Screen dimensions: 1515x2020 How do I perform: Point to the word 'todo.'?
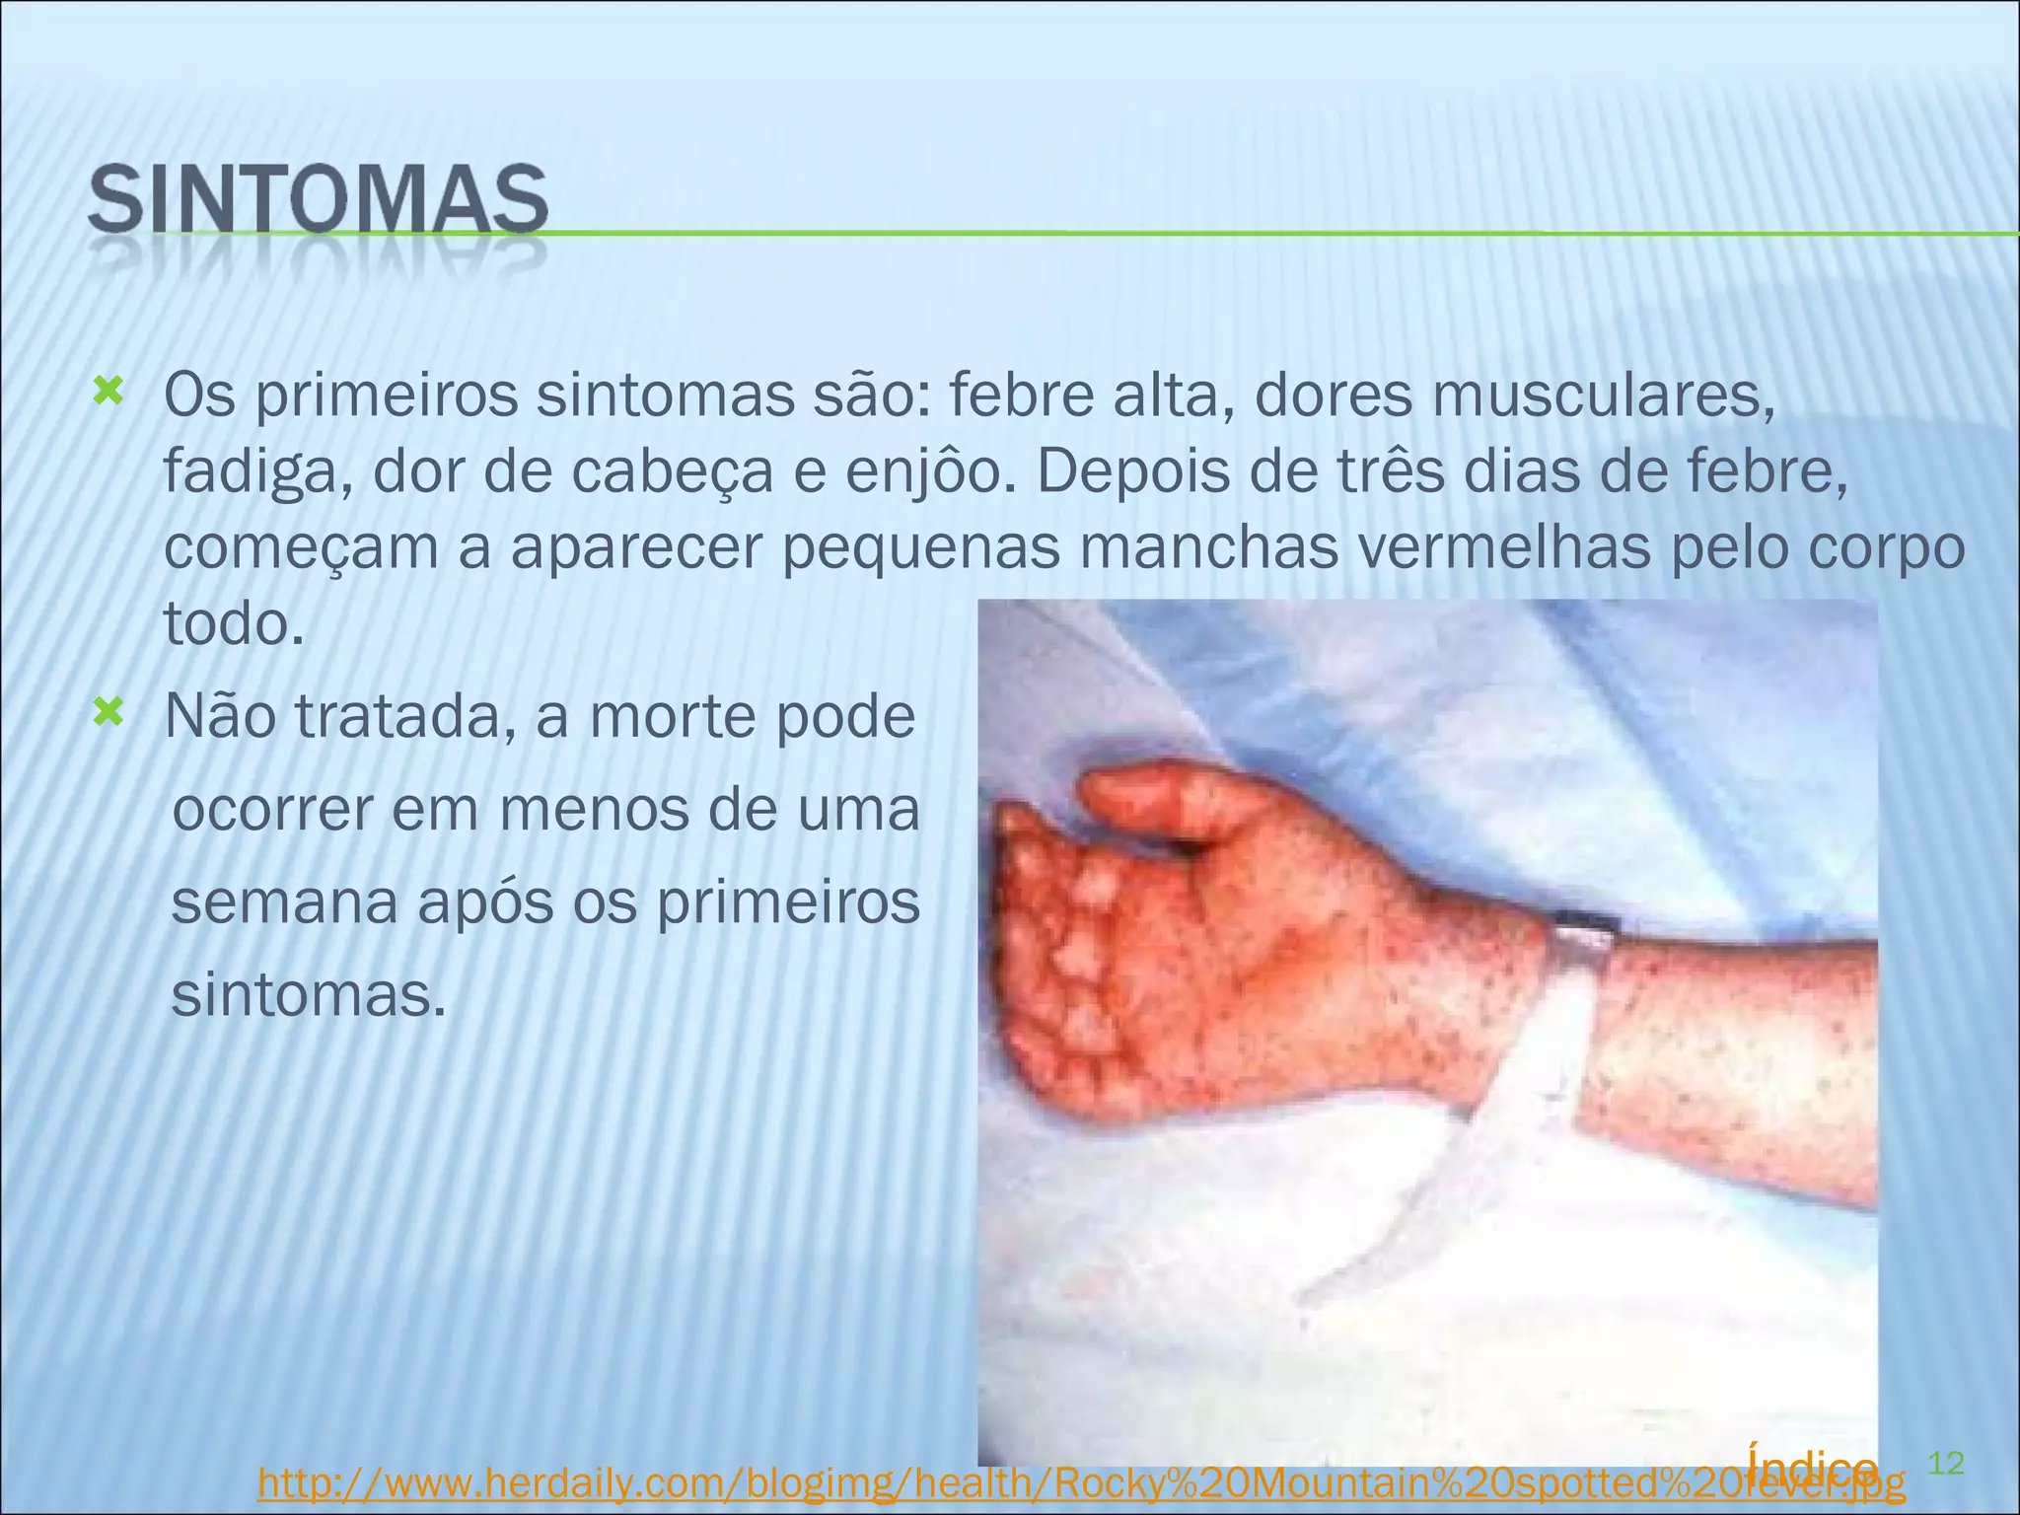pyautogui.click(x=234, y=623)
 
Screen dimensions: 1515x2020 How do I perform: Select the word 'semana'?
pyautogui.click(x=284, y=902)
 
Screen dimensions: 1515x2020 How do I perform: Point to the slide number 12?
pyautogui.click(x=1945, y=1463)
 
